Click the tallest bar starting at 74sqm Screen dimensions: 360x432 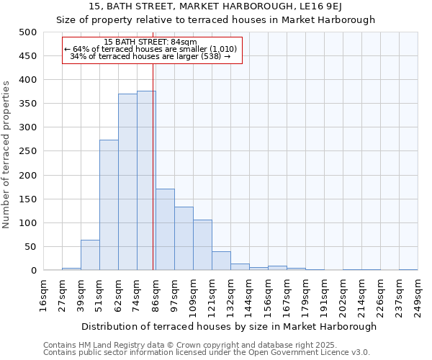145,181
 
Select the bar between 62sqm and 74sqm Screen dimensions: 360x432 127,182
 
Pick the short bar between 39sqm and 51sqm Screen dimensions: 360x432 90,256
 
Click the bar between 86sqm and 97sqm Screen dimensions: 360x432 165,230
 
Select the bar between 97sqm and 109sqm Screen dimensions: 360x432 184,239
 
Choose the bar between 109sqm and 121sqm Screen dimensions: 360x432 202,246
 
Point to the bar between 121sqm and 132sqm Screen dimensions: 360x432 221,261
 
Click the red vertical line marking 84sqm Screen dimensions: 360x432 153,166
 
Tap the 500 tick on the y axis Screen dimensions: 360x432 27,32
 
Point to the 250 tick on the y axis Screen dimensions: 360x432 27,152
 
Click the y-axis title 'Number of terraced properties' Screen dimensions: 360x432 6,154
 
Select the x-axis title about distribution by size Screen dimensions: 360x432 229,326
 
